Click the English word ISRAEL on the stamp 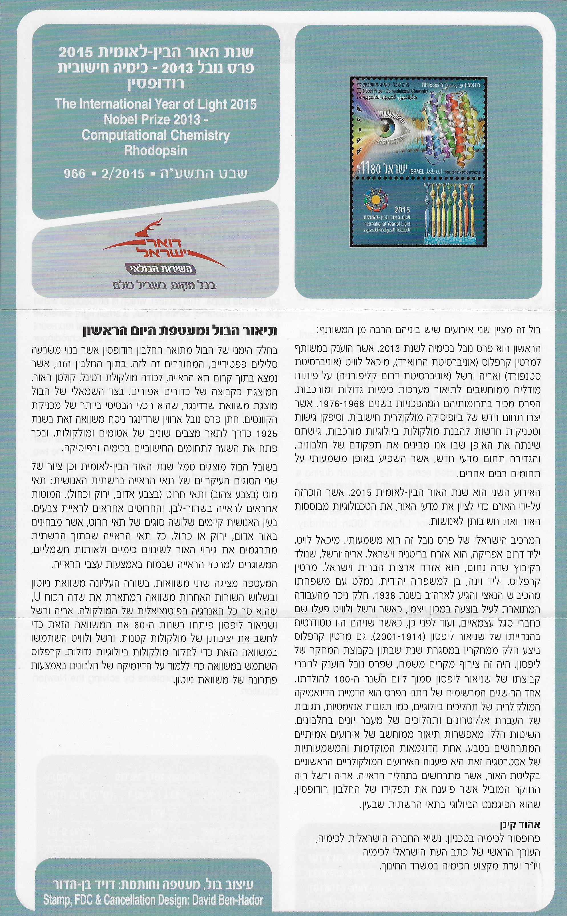coord(415,171)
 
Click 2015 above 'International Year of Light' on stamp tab coord(401,210)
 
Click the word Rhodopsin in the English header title coord(155,150)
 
